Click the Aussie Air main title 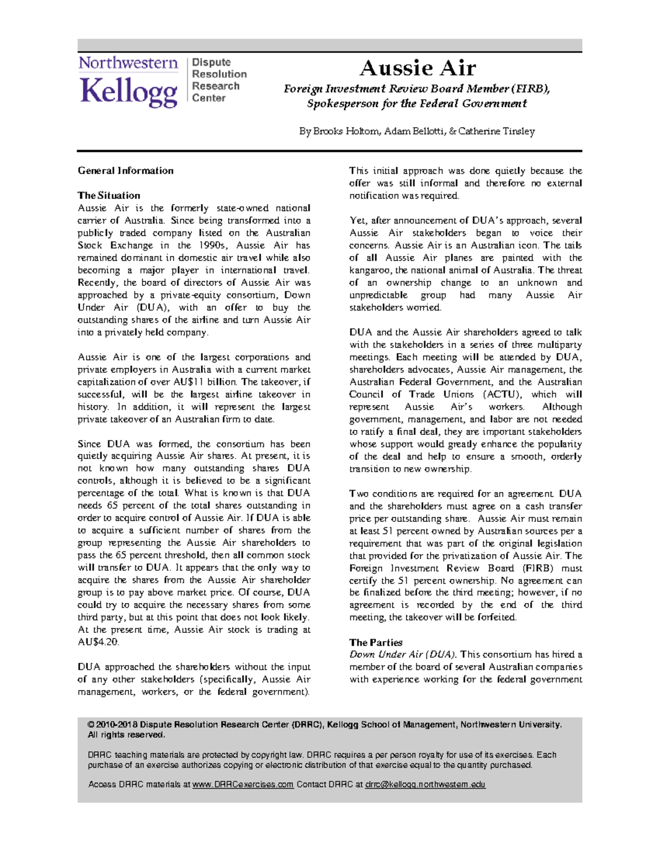coord(417,68)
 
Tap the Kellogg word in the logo coord(129,92)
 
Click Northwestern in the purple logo coord(128,63)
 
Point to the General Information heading coord(125,170)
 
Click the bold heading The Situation coord(109,195)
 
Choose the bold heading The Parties coord(376,642)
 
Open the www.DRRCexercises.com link coord(243,785)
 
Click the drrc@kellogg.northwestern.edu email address coord(425,785)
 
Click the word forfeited coord(497,617)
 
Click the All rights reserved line coord(127,735)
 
